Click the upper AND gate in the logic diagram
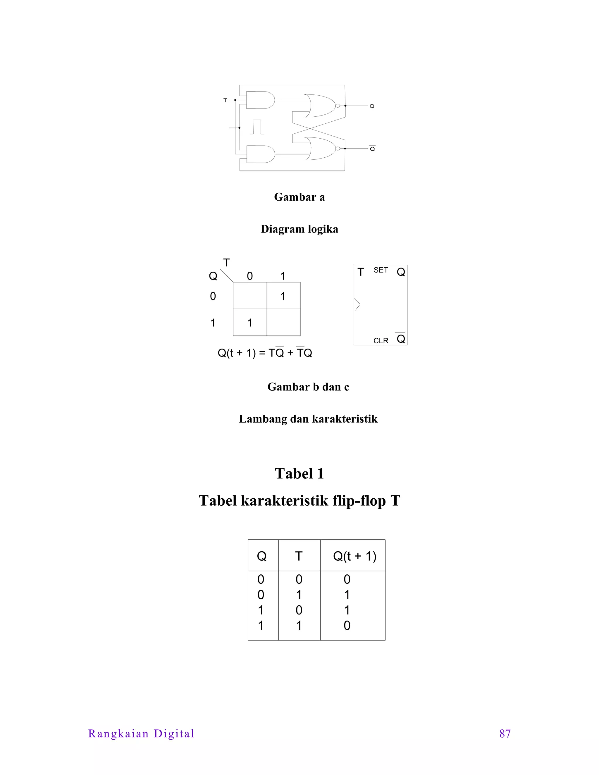[x=260, y=100]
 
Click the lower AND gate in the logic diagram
[x=260, y=154]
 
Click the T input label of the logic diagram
[x=225, y=100]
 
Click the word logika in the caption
[x=323, y=229]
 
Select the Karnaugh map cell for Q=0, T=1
[x=283, y=296]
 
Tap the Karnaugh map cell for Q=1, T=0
[x=250, y=323]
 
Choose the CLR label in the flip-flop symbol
[x=381, y=341]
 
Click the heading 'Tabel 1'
[x=299, y=473]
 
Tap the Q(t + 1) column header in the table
[x=354, y=556]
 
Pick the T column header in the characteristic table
[x=299, y=556]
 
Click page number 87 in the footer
[x=505, y=733]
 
